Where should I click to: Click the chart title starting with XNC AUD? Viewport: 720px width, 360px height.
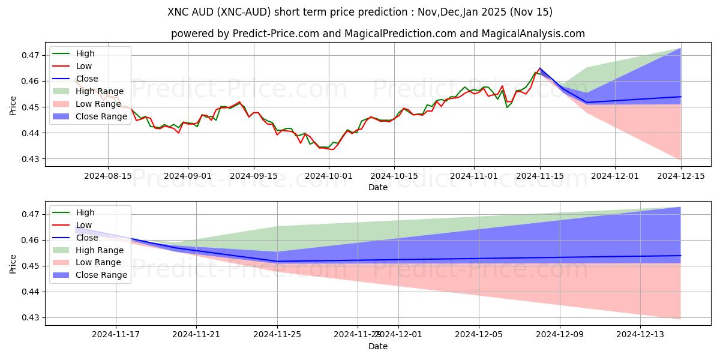(360, 12)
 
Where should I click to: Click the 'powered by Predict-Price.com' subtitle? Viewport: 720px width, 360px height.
(378, 34)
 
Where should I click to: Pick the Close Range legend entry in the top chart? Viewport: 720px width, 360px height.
(101, 116)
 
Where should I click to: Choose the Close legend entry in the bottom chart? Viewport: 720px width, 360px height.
(86, 238)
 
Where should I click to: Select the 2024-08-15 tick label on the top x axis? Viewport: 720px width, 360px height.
(108, 176)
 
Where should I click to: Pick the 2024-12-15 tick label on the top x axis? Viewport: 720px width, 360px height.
(681, 176)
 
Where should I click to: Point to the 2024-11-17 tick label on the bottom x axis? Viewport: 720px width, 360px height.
(116, 335)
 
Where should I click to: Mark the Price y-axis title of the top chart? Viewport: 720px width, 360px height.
(13, 105)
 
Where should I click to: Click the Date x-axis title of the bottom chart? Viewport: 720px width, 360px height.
(378, 346)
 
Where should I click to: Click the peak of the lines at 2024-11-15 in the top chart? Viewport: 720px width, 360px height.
(539, 68)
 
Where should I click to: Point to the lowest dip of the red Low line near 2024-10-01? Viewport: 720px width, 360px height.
(333, 149)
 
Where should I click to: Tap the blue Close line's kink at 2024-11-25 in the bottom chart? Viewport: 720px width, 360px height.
(277, 261)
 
